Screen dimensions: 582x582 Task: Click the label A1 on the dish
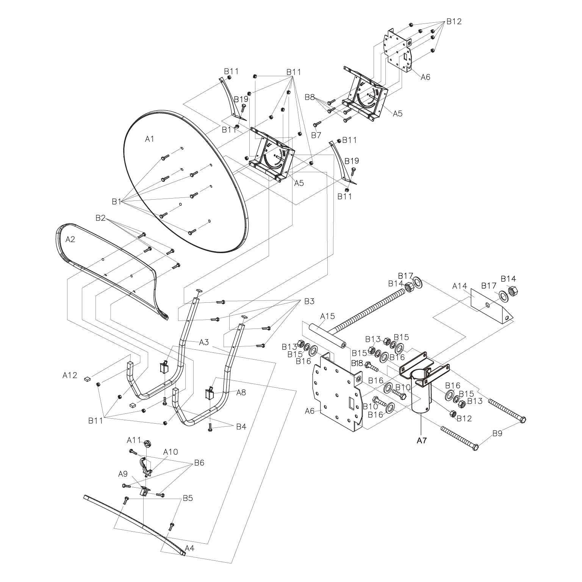(150, 139)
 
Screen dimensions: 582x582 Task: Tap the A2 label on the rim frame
(70, 239)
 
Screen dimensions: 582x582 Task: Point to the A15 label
(327, 316)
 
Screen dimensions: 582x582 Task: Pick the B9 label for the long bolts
(498, 433)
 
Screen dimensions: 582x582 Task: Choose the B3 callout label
(309, 302)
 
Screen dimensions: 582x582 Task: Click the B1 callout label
(116, 202)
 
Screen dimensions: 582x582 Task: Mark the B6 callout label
(199, 463)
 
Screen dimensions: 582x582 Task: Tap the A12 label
(70, 375)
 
